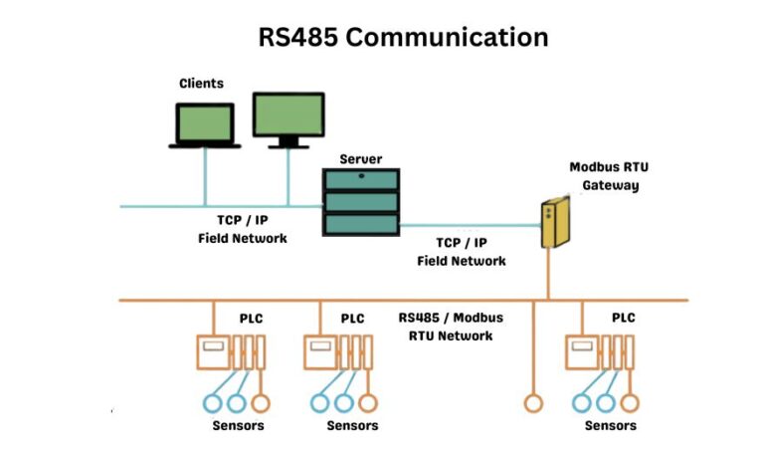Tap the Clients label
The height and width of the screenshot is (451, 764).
pyautogui.click(x=201, y=84)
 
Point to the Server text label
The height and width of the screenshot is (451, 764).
pyautogui.click(x=360, y=159)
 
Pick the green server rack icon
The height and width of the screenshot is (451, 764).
pyautogui.click(x=360, y=202)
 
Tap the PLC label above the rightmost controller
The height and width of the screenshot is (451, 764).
pyautogui.click(x=624, y=319)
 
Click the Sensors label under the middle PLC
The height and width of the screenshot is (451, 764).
pyautogui.click(x=352, y=426)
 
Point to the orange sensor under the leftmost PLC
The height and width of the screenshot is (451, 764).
pyautogui.click(x=261, y=403)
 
